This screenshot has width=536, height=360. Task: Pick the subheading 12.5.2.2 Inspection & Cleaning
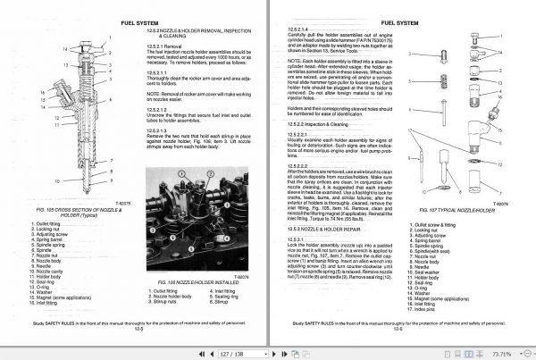(x=329, y=122)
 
